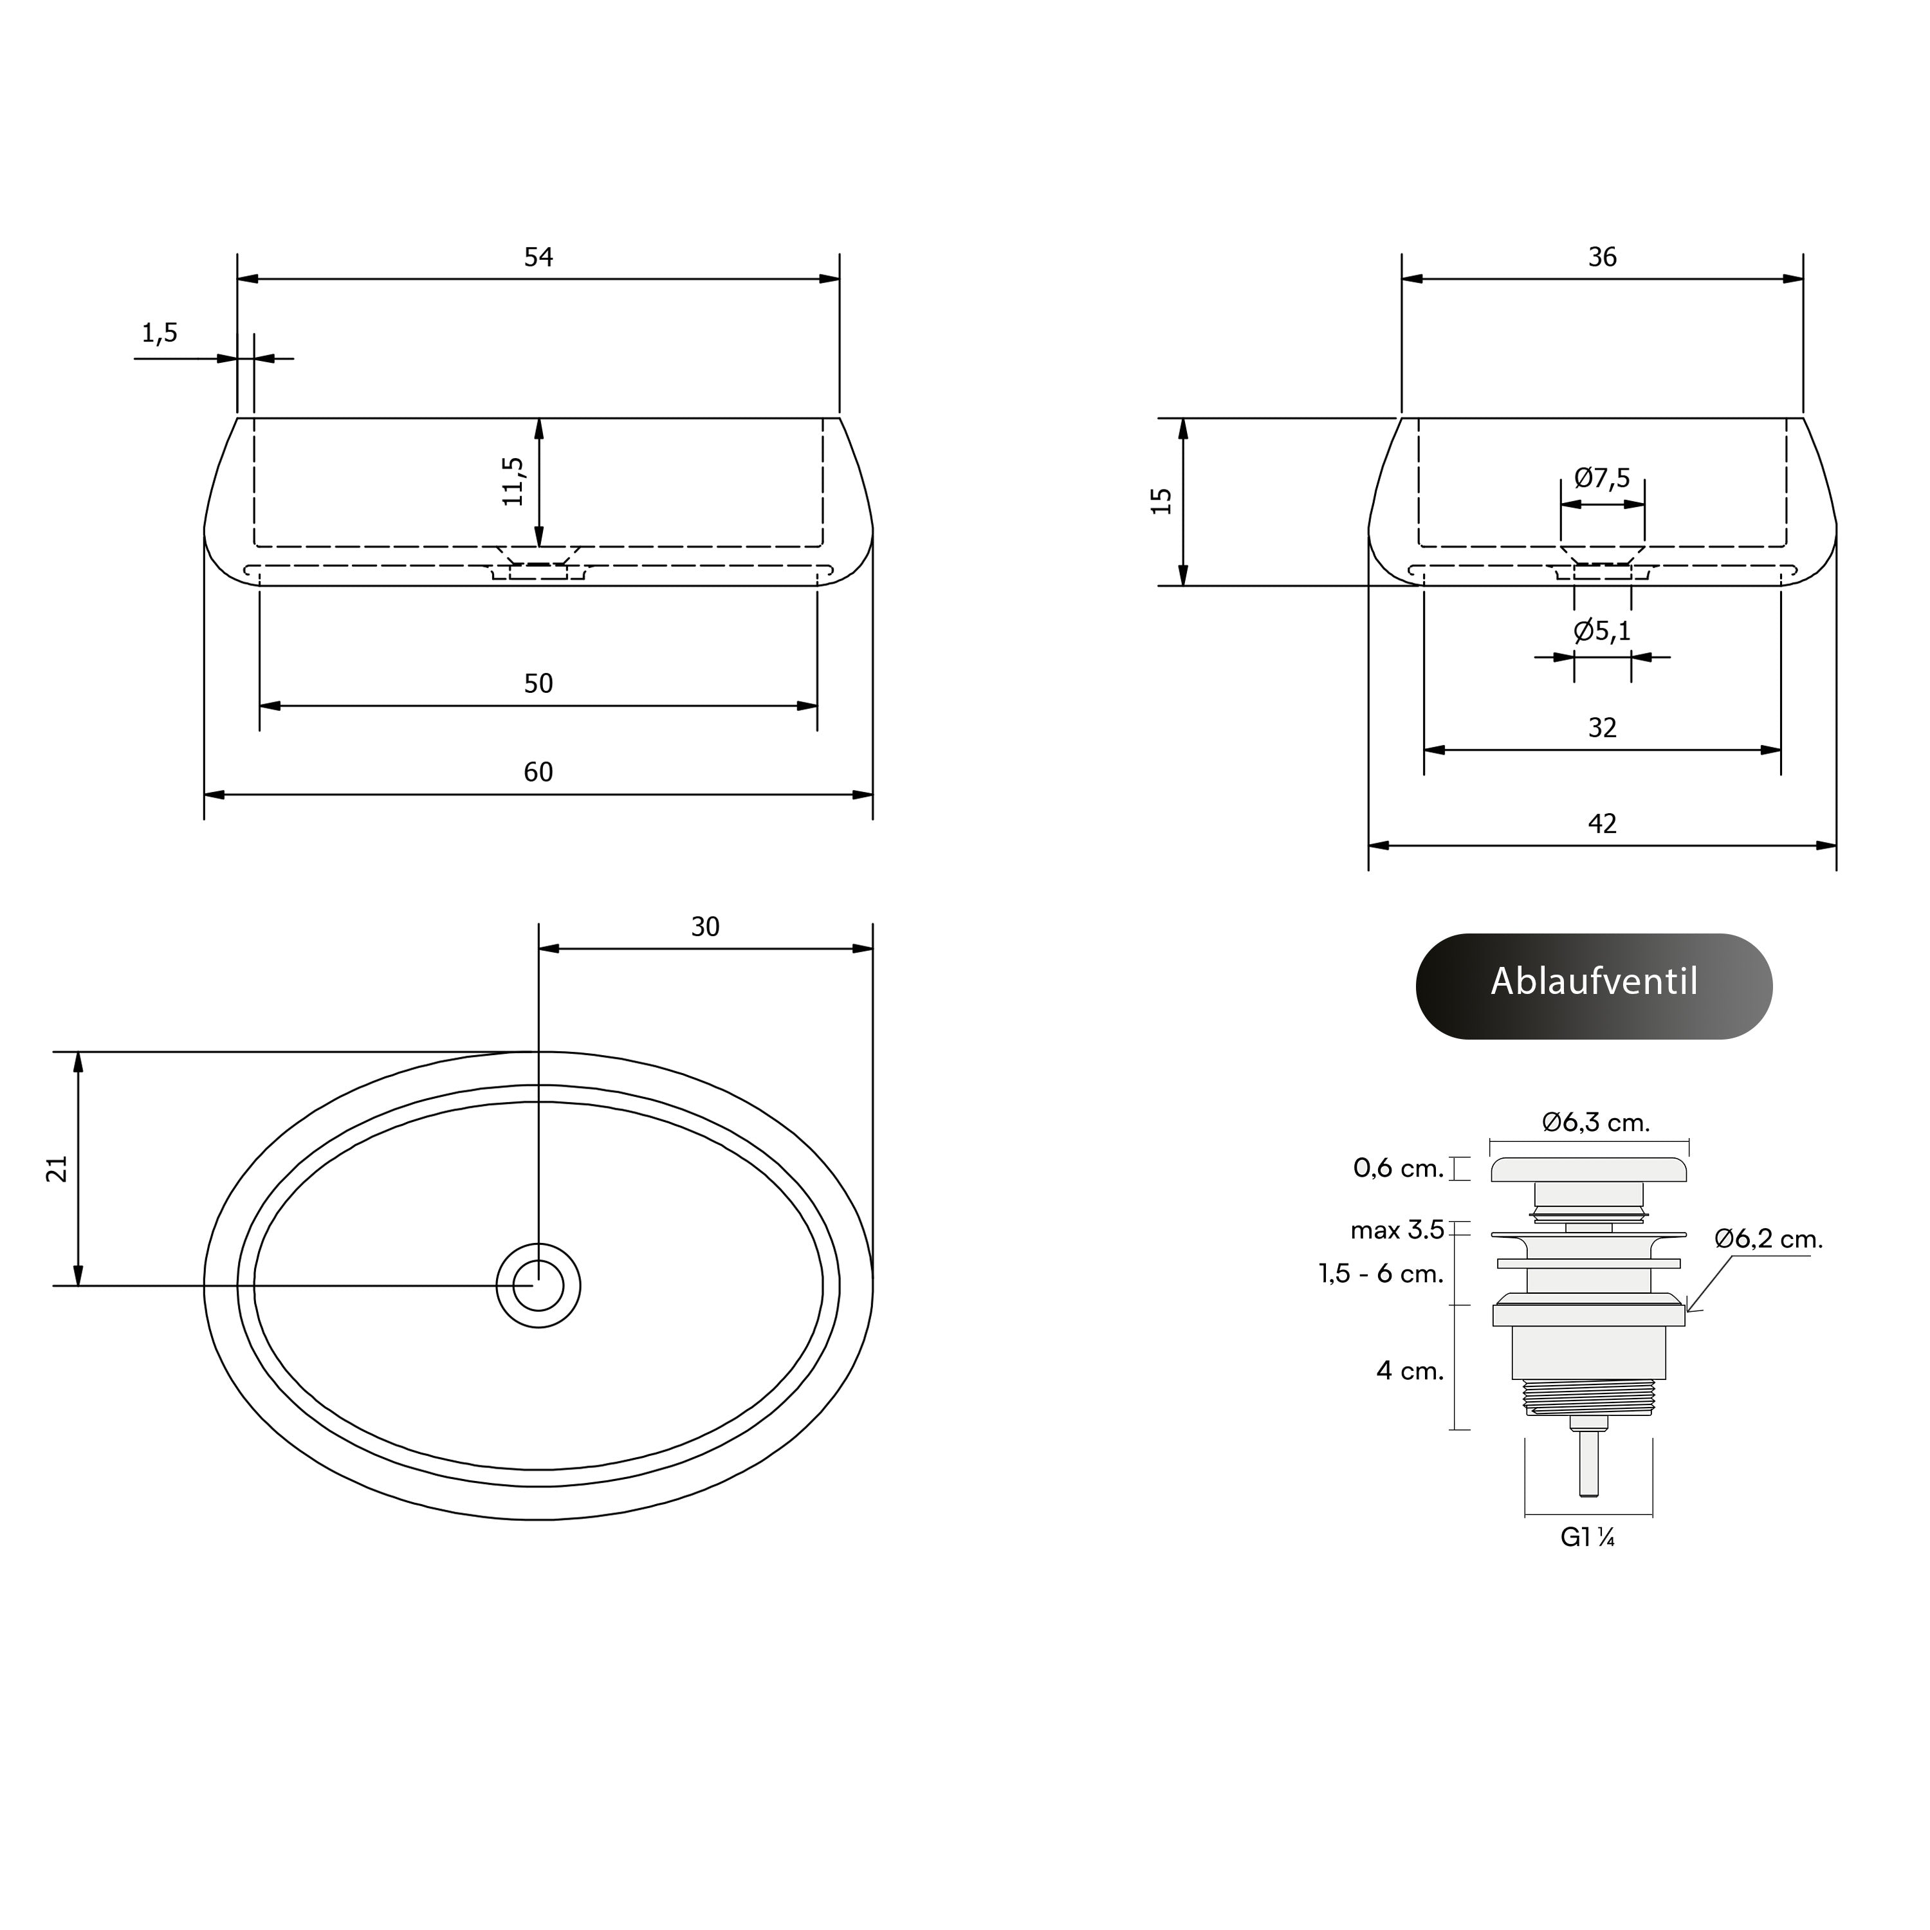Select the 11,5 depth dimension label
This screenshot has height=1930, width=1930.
tap(513, 481)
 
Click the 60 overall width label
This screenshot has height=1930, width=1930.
tap(538, 771)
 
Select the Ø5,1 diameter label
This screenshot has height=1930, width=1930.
tap(1603, 630)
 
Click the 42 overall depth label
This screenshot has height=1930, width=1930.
tap(1603, 823)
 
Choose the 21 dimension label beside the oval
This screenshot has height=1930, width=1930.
tap(57, 1169)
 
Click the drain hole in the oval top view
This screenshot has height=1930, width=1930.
tap(538, 1285)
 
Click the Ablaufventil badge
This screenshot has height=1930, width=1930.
tap(1594, 986)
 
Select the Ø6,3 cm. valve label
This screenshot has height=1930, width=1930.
tap(1595, 1122)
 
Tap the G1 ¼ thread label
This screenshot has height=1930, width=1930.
tap(1587, 1538)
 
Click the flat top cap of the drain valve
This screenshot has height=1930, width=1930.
tap(1589, 1169)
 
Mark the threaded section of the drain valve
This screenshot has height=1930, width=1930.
tap(1589, 1397)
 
